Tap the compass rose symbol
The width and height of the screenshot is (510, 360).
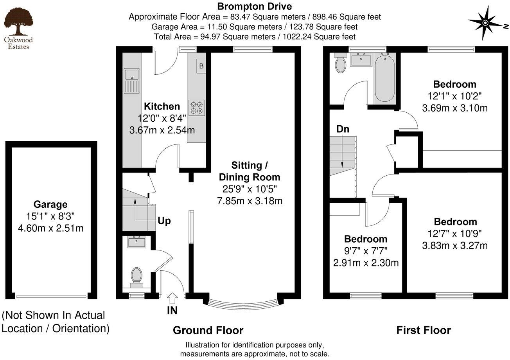485,23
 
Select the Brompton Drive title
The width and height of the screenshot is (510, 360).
254,6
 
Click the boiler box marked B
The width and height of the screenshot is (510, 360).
201,66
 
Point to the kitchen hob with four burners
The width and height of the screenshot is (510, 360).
196,108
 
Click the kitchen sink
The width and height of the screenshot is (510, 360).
132,81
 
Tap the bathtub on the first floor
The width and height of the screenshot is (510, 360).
385,78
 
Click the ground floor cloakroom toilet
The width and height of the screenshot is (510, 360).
136,275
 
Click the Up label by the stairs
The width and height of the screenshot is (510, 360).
164,221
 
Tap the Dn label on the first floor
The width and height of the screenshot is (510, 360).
343,129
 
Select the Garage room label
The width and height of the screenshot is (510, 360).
50,204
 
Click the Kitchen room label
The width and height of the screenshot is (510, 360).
162,106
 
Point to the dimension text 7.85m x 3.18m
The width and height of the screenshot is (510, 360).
249,201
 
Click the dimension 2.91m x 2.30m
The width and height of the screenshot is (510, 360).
366,263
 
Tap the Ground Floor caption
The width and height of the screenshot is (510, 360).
208,330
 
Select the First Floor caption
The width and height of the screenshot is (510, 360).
424,330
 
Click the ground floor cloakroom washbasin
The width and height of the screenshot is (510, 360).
136,242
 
